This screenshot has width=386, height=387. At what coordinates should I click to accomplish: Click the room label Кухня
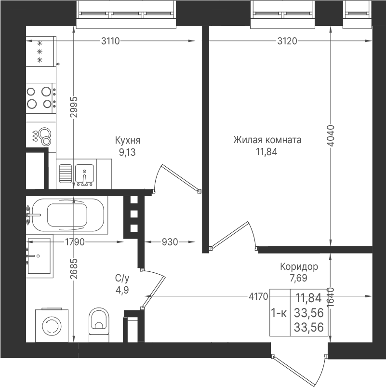pos(128,140)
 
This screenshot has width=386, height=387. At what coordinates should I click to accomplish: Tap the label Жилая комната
pos(267,140)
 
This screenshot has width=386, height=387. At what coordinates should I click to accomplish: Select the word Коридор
pos(299,267)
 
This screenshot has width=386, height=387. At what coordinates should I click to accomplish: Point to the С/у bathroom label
pos(122,278)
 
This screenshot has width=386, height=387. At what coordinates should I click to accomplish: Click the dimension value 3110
pos(110,41)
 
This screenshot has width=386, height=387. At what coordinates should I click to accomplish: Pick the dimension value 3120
pos(287,41)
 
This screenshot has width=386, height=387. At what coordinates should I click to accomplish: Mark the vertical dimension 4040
pos(331,135)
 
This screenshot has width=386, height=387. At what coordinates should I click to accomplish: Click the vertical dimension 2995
pos(74,107)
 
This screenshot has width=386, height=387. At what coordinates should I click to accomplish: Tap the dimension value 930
pos(170,242)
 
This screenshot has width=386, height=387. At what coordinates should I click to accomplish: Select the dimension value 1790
pos(75,242)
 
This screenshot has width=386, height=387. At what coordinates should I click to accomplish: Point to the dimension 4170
pos(258,296)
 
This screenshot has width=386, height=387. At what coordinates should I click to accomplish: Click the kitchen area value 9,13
pos(127,152)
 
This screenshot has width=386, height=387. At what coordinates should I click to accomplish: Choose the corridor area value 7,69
pos(299,278)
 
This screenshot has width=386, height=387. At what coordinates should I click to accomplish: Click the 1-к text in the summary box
pos(279,313)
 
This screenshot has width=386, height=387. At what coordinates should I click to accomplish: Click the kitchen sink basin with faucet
pos(84,175)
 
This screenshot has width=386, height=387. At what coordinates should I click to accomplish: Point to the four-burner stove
pos(41,98)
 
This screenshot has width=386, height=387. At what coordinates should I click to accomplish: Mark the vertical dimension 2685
pos(74,268)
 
